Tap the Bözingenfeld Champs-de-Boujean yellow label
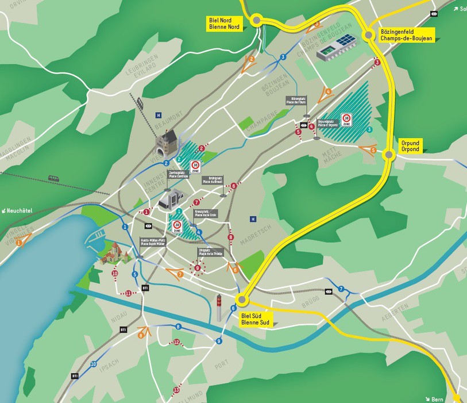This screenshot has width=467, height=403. pos(406,35)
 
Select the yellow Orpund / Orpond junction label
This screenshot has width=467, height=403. pos(410,146)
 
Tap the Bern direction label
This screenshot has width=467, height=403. pos(438,398)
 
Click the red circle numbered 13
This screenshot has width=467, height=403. pos(176,390)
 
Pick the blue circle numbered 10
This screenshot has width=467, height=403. pos(93,364)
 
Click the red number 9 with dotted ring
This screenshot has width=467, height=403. pos(198,268)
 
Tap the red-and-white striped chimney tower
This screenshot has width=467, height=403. pos(219,309)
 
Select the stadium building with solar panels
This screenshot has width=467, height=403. pos(336,47)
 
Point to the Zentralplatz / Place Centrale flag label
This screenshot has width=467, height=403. pos(177,174)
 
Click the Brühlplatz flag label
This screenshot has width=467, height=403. pos(211,180)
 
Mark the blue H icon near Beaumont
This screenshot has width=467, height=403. pos(158,115)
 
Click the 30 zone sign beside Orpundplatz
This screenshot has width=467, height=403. pos(346,120)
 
